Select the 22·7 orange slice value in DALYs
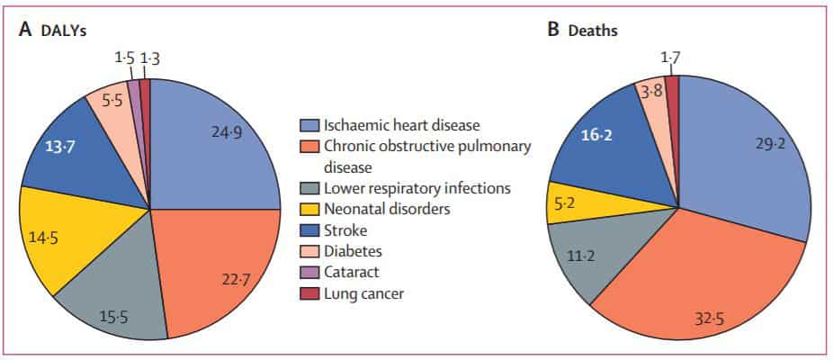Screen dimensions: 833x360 [237, 280]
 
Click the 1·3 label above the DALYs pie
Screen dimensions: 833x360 [150, 58]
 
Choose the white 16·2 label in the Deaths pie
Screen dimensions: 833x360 [597, 136]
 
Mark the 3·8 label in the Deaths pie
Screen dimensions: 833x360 [651, 93]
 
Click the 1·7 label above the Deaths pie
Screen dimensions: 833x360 [670, 54]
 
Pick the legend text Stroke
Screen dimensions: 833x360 [345, 230]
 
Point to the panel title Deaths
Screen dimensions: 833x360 [593, 31]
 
